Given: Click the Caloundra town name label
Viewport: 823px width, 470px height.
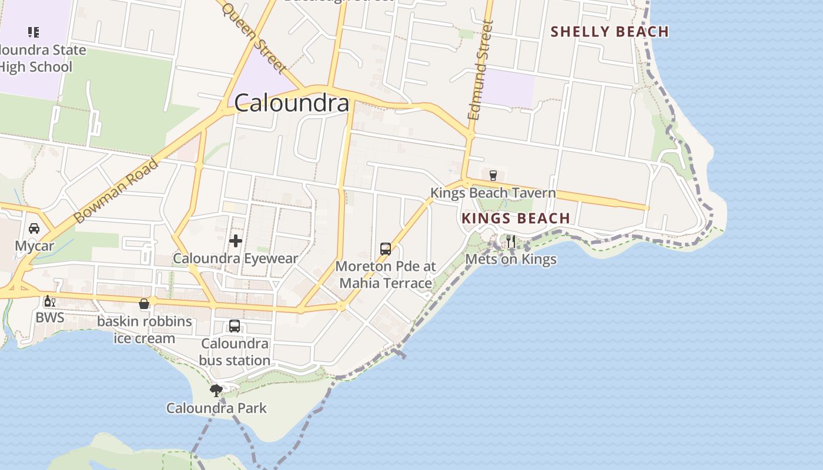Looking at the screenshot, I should coord(292,103).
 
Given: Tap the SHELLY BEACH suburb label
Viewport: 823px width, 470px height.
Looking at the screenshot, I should coord(610,32).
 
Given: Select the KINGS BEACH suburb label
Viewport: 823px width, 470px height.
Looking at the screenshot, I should coord(516,219).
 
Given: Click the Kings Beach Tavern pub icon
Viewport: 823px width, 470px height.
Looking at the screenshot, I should coord(493,175).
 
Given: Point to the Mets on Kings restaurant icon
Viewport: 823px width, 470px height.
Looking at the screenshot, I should coord(510,241).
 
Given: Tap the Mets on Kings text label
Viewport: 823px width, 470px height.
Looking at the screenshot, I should coord(510,259).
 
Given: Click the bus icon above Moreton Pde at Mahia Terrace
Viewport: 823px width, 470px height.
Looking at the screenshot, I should coord(386,249).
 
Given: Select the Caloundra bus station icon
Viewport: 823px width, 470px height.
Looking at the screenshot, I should coord(235,326).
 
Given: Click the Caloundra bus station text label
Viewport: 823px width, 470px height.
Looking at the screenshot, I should coord(235,351).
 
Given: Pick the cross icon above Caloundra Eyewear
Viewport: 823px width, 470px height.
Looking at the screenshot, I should coord(236,241).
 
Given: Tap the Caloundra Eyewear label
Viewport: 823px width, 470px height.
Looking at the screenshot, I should coord(235,258).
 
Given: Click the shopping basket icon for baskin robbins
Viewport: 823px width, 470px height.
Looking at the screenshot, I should coord(144,304).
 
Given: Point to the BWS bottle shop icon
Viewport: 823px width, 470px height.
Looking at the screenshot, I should coord(49,301).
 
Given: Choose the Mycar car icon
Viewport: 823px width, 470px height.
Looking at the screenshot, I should coord(34,229).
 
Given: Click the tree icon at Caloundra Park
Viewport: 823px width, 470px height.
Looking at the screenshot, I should coord(216,390).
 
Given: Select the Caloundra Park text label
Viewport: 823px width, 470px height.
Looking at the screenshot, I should coord(216,408).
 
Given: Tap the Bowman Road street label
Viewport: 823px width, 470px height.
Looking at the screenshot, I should coord(116,191).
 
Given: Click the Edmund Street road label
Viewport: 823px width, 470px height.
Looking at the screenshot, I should coord(480,70).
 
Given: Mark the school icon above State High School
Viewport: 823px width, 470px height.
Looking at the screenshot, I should coord(34,32).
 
